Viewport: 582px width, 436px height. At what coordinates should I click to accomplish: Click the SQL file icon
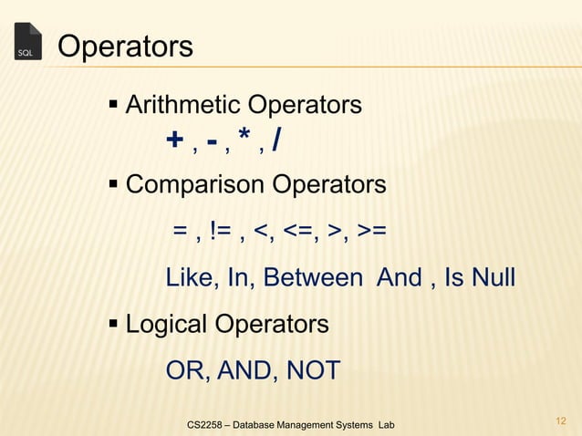click(27, 42)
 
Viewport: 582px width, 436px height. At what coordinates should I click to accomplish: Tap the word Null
click(492, 277)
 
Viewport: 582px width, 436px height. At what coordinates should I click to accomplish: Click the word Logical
click(170, 324)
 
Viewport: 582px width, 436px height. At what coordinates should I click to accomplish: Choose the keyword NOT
click(313, 370)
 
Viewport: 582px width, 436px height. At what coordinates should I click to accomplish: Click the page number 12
click(560, 420)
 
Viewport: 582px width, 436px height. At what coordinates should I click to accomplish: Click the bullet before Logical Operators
click(114, 324)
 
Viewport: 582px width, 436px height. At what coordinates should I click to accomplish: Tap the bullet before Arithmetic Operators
click(114, 106)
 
